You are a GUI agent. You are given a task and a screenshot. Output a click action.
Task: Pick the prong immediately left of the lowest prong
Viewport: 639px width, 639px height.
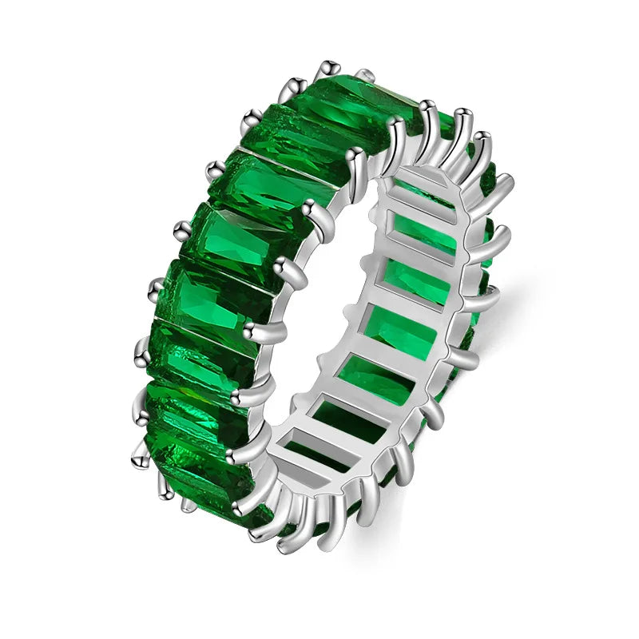tap(257, 531)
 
